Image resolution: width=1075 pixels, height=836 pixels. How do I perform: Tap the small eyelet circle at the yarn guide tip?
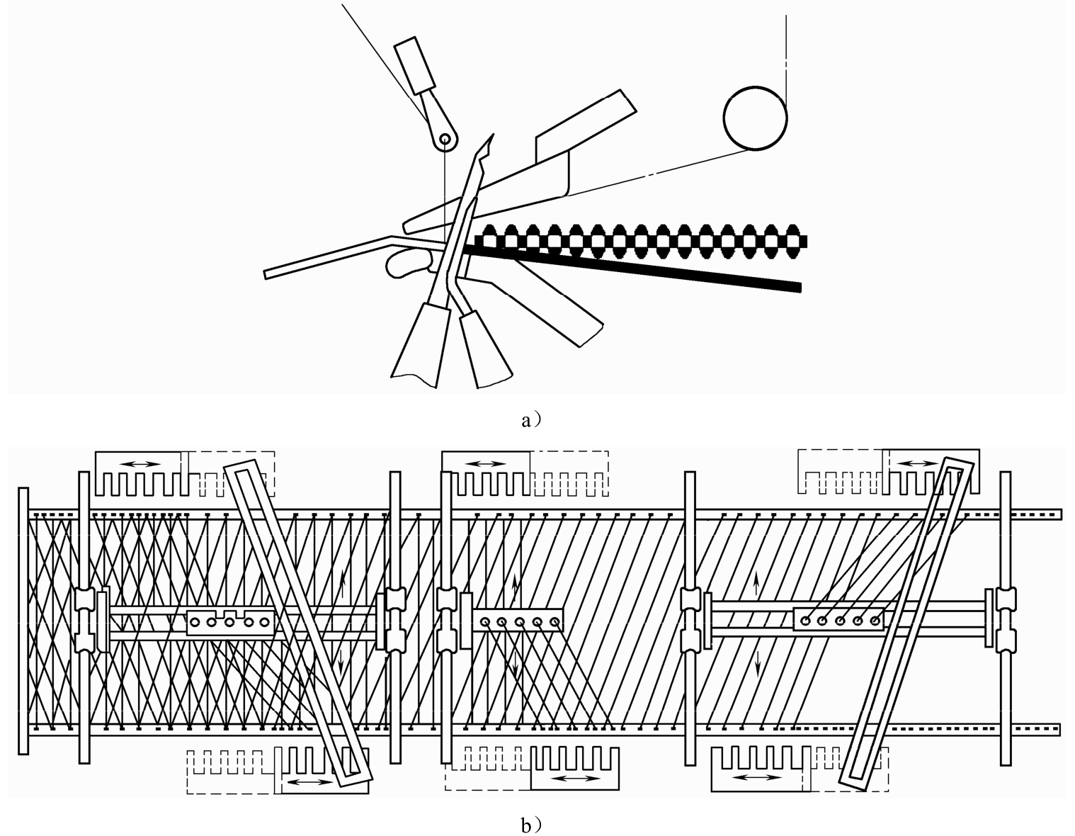click(x=445, y=139)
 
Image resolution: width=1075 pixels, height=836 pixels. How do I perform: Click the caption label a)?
click(x=531, y=420)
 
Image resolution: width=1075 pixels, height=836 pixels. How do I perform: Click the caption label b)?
click(x=531, y=825)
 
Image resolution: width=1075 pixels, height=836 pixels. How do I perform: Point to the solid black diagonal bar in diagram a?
click(x=631, y=267)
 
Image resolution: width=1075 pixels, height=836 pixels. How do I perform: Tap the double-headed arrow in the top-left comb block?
click(x=142, y=464)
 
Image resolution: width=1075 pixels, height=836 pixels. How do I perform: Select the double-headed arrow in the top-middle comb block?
click(x=487, y=464)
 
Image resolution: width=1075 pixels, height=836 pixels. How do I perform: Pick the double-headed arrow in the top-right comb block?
click(x=917, y=463)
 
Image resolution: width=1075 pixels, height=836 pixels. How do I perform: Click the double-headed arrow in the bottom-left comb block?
click(x=311, y=782)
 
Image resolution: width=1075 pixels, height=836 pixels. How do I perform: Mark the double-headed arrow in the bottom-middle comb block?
click(x=576, y=778)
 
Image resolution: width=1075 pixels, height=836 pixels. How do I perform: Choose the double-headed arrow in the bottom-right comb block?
click(x=757, y=777)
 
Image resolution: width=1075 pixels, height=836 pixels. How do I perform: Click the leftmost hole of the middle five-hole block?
click(x=485, y=621)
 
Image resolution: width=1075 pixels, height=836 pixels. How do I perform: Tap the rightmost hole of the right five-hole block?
click(x=875, y=621)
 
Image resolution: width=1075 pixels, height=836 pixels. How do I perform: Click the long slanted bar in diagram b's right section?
click(x=907, y=623)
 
